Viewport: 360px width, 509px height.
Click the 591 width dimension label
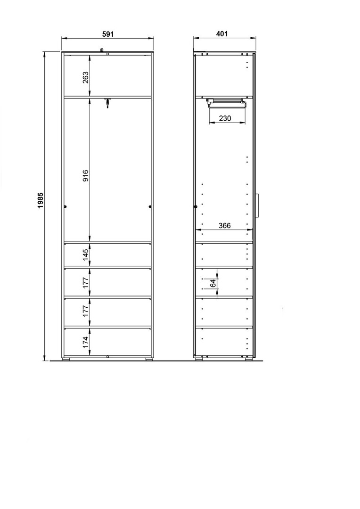(x=108, y=34)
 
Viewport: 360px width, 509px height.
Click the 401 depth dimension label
(x=222, y=34)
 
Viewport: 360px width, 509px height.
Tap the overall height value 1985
(x=41, y=200)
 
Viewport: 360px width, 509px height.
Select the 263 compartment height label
(x=85, y=77)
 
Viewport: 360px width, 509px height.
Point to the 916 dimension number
(x=85, y=175)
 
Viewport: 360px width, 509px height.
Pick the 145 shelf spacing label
(x=85, y=255)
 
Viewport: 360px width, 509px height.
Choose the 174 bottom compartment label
(x=85, y=343)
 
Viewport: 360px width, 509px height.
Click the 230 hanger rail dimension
(x=225, y=118)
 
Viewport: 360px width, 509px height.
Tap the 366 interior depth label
(x=225, y=226)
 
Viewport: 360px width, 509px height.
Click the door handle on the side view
(x=257, y=205)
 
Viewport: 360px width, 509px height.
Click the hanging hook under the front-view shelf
(x=107, y=102)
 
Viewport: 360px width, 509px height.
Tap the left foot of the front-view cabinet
(x=66, y=359)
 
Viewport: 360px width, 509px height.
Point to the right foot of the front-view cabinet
(x=149, y=359)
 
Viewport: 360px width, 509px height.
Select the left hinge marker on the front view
(x=65, y=206)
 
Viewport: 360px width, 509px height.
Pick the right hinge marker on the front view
(x=150, y=206)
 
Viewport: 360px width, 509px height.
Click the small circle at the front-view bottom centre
(x=107, y=356)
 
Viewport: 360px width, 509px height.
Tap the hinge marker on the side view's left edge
(x=196, y=206)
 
